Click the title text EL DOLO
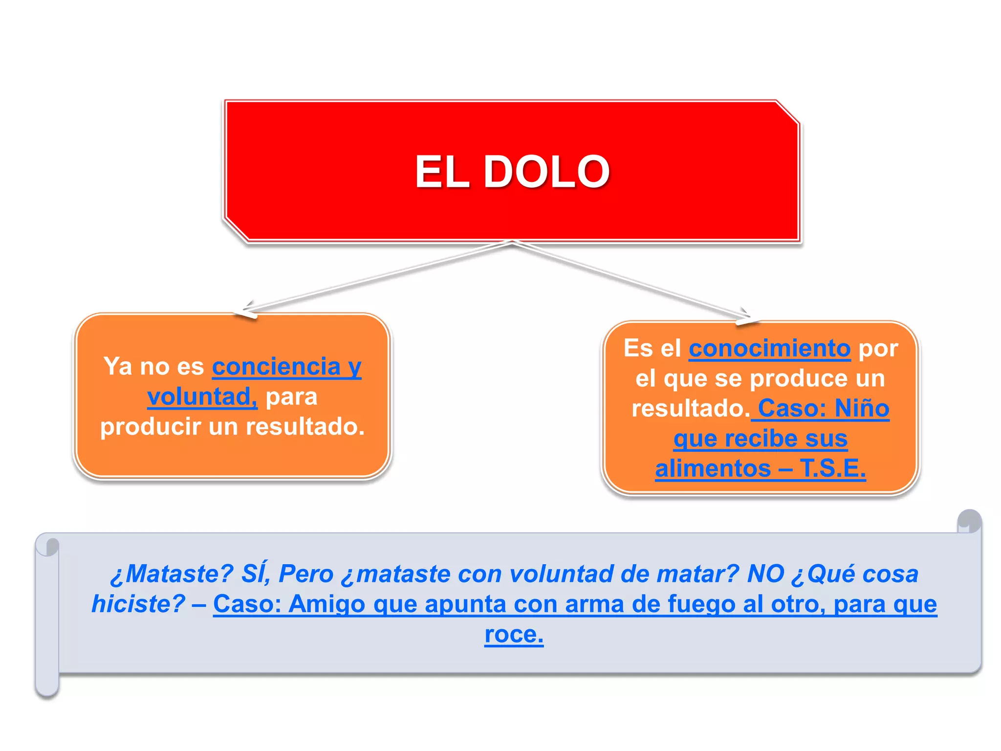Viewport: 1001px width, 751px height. coord(512,172)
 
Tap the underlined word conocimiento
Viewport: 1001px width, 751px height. coord(769,349)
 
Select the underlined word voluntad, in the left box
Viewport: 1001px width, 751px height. coord(202,397)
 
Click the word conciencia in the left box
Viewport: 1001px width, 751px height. coord(276,367)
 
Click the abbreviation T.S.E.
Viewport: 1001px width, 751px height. coord(832,468)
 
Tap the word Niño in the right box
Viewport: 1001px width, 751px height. coord(862,408)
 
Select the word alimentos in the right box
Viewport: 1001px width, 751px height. coord(713,468)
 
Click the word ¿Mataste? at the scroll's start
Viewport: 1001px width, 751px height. coord(172,574)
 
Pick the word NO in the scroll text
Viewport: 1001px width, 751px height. coord(765,574)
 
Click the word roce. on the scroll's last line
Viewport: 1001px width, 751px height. coord(514,635)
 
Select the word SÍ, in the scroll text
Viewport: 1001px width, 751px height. coord(256,574)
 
